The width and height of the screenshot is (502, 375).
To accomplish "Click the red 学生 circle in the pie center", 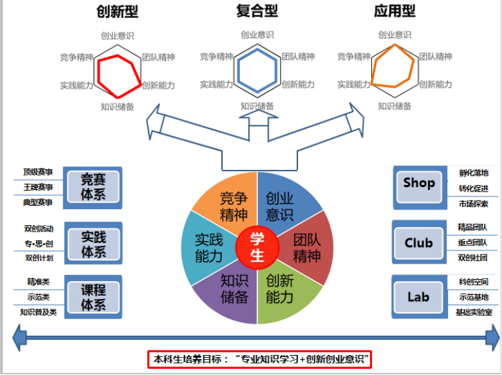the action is click(257, 247).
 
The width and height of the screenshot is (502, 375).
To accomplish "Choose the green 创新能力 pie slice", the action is click(280, 289).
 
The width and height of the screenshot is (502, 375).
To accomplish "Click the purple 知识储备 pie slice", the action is click(233, 289).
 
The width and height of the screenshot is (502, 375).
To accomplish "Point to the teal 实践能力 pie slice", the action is click(208, 247).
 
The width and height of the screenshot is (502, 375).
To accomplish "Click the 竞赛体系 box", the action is click(93, 187).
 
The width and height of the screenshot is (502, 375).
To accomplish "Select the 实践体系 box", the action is click(93, 244).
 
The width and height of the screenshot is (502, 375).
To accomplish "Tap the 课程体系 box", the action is click(93, 297).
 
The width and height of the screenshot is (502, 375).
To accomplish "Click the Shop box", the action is click(419, 183).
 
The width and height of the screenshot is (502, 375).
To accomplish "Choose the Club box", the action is click(418, 243).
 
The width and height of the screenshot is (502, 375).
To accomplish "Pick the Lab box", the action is click(418, 297).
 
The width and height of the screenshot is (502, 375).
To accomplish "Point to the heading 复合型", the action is click(257, 11).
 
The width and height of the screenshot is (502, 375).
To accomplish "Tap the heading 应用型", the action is click(395, 11).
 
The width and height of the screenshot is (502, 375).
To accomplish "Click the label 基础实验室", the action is click(474, 312).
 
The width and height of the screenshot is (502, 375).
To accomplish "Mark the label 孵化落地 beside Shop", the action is click(473, 173).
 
